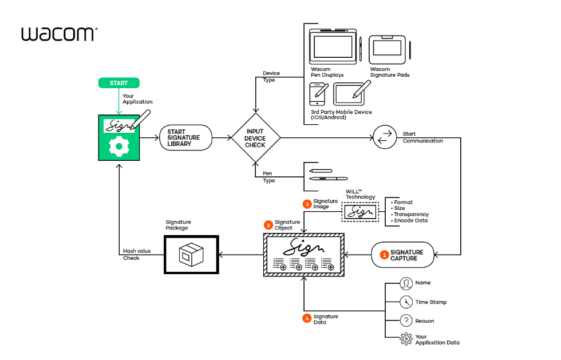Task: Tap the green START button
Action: point(119,84)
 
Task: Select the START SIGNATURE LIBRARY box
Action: point(185,138)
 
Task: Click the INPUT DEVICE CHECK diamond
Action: point(255,138)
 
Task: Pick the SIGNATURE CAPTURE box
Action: point(403,255)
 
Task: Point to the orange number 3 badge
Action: point(307,204)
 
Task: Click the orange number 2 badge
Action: point(268,225)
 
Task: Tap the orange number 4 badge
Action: point(307,319)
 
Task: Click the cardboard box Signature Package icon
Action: point(189,255)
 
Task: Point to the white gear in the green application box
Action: point(119,146)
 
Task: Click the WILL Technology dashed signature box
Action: point(360,212)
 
